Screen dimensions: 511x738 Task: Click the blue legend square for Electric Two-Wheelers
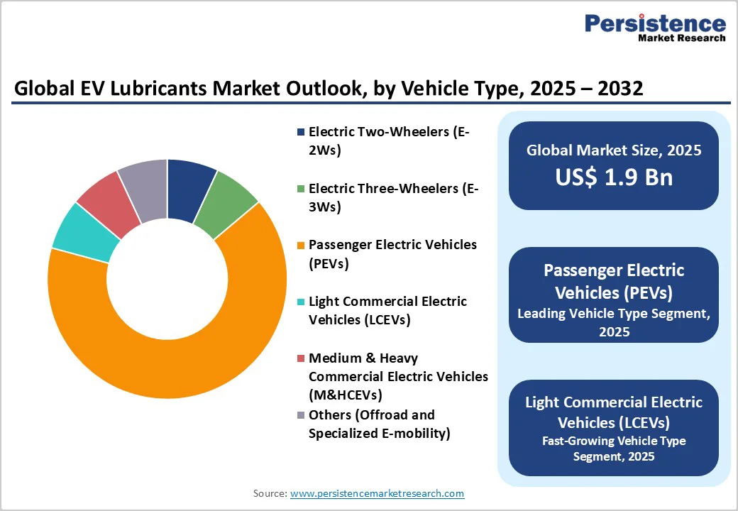pyautogui.click(x=301, y=132)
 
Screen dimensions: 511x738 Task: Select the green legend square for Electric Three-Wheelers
pyautogui.click(x=301, y=189)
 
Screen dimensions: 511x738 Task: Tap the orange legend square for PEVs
pyautogui.click(x=301, y=245)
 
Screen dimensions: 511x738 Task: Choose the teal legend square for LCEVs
pyautogui.click(x=301, y=302)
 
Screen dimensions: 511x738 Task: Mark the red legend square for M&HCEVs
pyautogui.click(x=301, y=358)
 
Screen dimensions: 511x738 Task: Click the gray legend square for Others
pyautogui.click(x=301, y=415)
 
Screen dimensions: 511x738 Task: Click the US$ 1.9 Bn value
pyautogui.click(x=614, y=177)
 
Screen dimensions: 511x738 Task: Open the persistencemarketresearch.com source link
pyautogui.click(x=377, y=493)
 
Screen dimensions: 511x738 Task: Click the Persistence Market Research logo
pyautogui.click(x=654, y=28)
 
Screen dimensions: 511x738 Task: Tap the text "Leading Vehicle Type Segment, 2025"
pyautogui.click(x=614, y=322)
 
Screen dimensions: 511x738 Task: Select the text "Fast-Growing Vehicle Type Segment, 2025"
pyautogui.click(x=614, y=449)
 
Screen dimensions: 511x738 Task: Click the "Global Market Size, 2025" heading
pyautogui.click(x=614, y=150)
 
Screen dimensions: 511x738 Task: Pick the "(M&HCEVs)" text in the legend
pyautogui.click(x=346, y=394)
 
